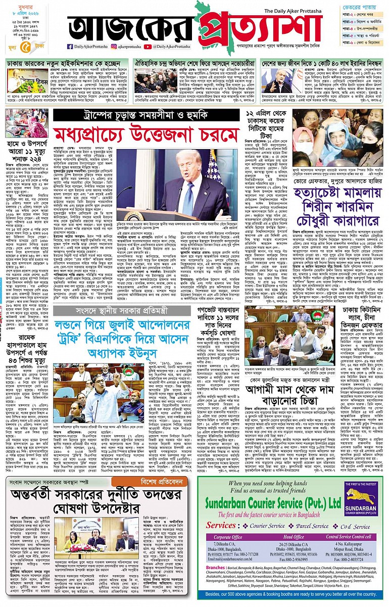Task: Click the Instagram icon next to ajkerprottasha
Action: pyautogui.click(x=114, y=46)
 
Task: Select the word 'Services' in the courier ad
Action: pyautogui.click(x=221, y=525)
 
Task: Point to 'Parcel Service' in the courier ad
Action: pyautogui.click(x=302, y=526)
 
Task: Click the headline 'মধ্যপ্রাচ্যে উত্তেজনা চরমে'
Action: pyautogui.click(x=146, y=134)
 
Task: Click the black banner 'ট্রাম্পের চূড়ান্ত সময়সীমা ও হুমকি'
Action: pyautogui.click(x=146, y=115)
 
